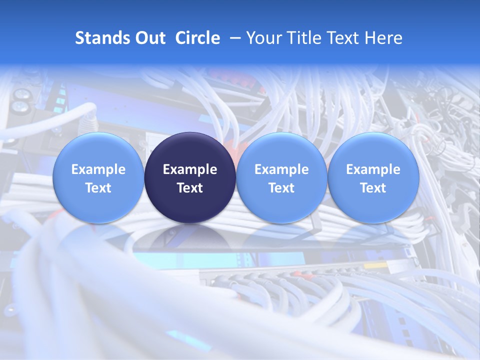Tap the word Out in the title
tap(149, 38)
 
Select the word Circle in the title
tap(197, 38)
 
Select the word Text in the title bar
tap(342, 38)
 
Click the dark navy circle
tap(190, 177)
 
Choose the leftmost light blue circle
tap(98, 177)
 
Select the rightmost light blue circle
tap(373, 177)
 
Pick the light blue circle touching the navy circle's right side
tap(281, 177)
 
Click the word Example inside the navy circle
tap(190, 169)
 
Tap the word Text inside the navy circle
tap(190, 188)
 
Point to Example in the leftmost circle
tap(98, 169)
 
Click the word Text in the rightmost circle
tap(373, 188)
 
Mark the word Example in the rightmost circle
tap(373, 169)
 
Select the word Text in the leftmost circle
tap(98, 188)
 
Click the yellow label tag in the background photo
tap(374, 265)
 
